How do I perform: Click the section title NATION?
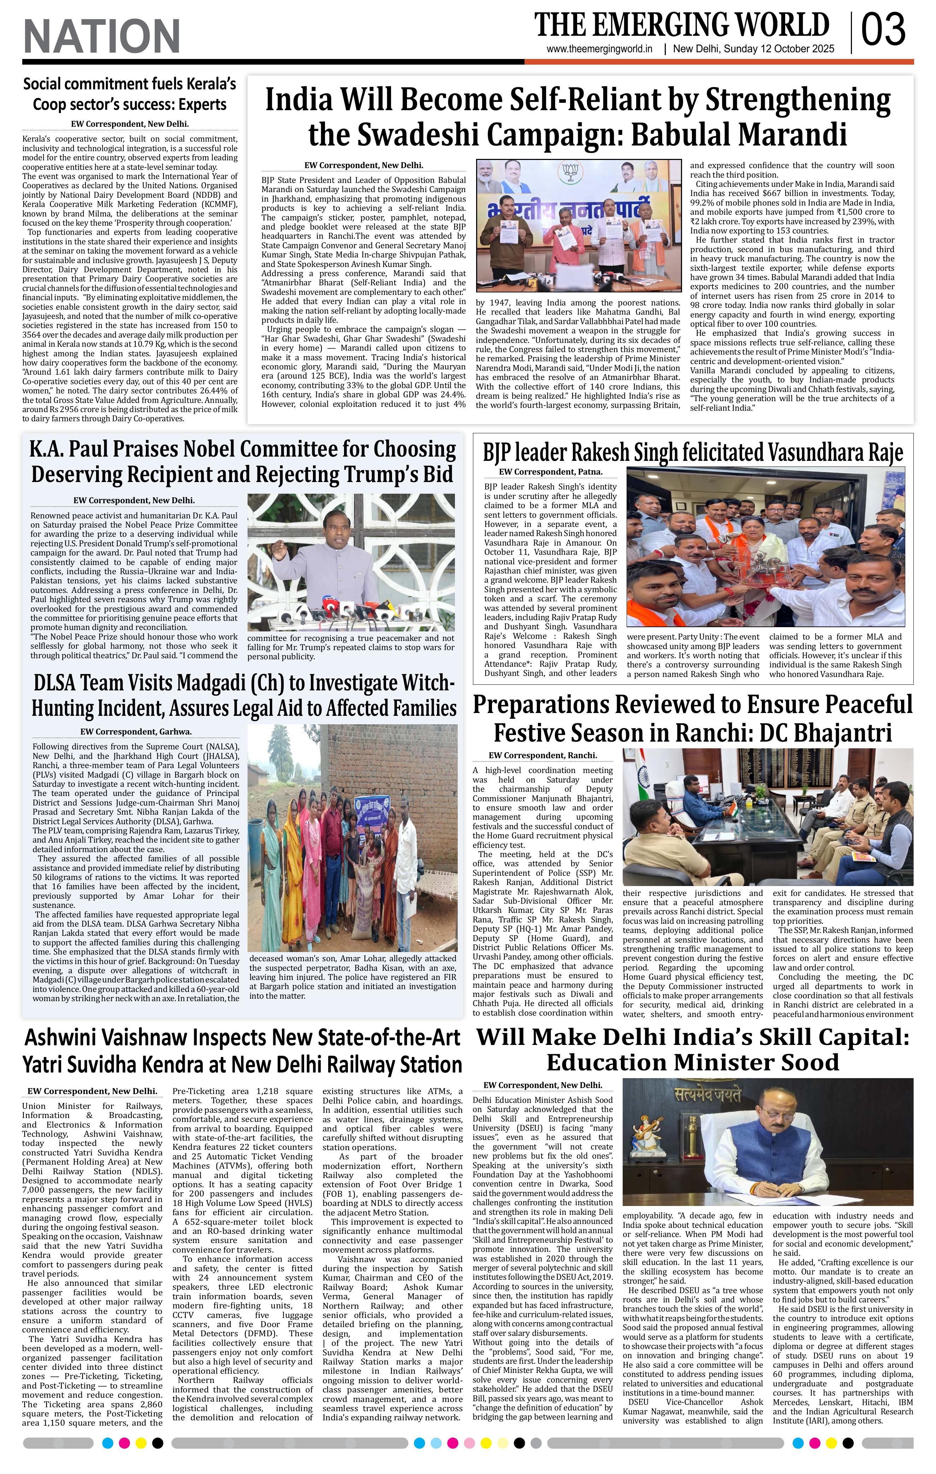tap(102, 36)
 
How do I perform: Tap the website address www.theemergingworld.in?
tap(599, 49)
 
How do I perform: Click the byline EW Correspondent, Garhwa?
tap(136, 731)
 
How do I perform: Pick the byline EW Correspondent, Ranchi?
tap(543, 755)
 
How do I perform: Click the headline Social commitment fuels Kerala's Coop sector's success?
tap(129, 94)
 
